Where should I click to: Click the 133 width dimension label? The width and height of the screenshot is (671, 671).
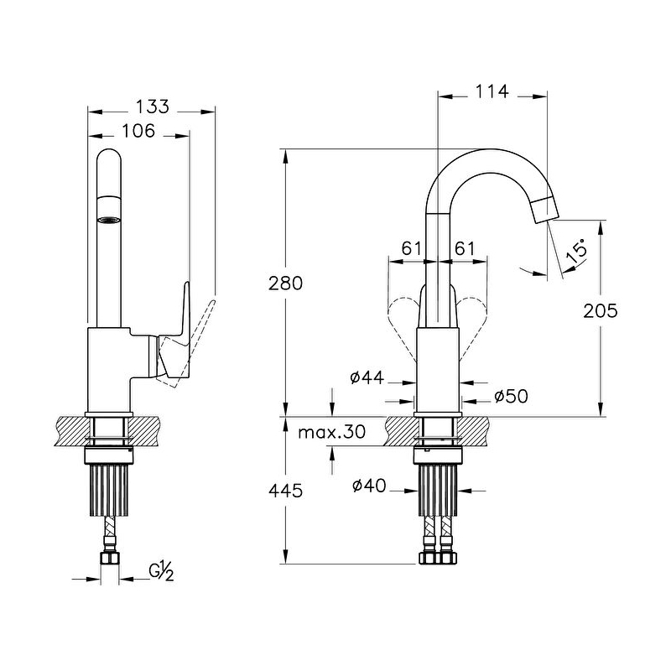tap(152, 107)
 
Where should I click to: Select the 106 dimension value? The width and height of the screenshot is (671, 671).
tap(138, 131)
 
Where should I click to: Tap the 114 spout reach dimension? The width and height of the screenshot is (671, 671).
tap(492, 91)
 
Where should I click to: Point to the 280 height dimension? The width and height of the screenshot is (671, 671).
tap(285, 283)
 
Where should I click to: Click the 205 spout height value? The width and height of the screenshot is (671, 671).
tap(601, 310)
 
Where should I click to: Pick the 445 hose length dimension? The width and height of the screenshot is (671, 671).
tap(285, 491)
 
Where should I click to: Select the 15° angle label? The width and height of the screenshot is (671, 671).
tap(576, 252)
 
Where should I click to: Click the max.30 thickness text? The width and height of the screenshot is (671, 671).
tap(331, 432)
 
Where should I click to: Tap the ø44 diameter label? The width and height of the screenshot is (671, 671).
tap(367, 377)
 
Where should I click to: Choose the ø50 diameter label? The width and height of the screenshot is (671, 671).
tap(511, 396)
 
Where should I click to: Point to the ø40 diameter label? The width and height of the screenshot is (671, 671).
tap(369, 486)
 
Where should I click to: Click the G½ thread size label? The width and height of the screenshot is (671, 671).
tap(161, 572)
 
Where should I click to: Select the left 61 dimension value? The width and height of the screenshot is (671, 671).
tap(411, 248)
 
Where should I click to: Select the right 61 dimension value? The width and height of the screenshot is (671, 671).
tap(465, 248)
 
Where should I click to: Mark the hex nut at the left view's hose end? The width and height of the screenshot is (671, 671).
tap(110, 558)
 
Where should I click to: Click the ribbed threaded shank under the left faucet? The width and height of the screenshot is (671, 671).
tap(110, 491)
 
